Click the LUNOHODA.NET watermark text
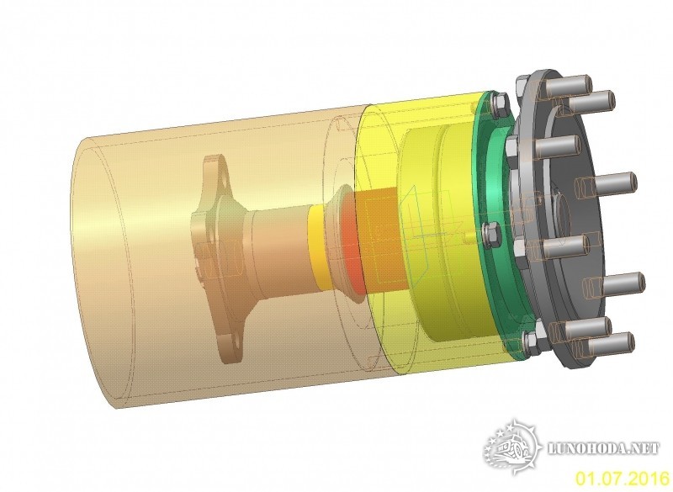click(x=604, y=448)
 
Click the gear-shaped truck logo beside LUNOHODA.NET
click(x=512, y=447)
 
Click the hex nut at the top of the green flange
click(x=500, y=105)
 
